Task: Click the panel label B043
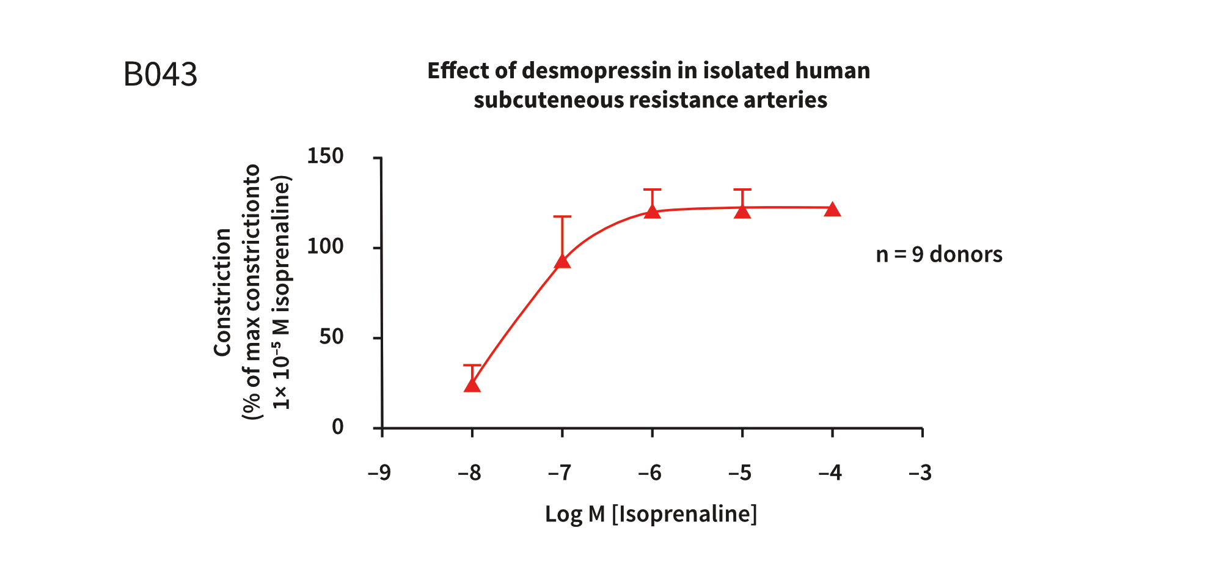click(x=160, y=75)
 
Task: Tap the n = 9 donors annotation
click(x=938, y=254)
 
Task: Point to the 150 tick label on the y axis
click(x=325, y=156)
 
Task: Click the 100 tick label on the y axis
click(x=325, y=246)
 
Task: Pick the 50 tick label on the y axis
click(x=331, y=336)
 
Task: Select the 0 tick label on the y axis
click(x=337, y=427)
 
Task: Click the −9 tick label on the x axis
click(x=379, y=472)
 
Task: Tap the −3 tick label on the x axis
click(x=920, y=472)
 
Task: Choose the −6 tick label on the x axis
click(x=650, y=472)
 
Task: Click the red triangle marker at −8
click(x=472, y=385)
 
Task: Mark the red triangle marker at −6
click(x=653, y=211)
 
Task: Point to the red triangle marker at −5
click(x=742, y=211)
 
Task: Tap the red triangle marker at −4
click(x=832, y=210)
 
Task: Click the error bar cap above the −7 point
click(x=562, y=216)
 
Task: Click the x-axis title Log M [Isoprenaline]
click(x=651, y=514)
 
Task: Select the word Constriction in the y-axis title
click(x=222, y=292)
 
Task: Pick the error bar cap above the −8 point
click(x=472, y=366)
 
